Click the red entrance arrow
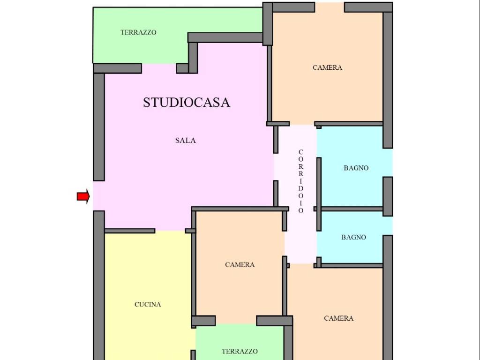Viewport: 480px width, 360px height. (83, 196)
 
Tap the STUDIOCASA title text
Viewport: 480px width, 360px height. (187, 102)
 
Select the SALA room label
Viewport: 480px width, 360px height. (186, 141)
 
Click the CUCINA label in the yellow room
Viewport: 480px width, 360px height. (148, 304)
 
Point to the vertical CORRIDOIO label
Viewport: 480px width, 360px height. (301, 181)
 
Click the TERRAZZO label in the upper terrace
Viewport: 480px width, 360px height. (138, 32)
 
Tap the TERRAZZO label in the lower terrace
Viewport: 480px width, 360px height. (240, 351)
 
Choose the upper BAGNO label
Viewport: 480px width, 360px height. (356, 168)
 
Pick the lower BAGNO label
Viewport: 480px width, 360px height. (353, 237)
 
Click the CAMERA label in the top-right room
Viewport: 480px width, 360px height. (327, 67)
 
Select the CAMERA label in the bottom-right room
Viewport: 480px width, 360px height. (338, 318)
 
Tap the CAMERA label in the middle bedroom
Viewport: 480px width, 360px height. (240, 264)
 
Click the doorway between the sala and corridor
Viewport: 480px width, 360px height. (276, 167)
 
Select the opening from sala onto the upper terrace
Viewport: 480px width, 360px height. (159, 68)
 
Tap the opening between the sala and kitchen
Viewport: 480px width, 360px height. (170, 231)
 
